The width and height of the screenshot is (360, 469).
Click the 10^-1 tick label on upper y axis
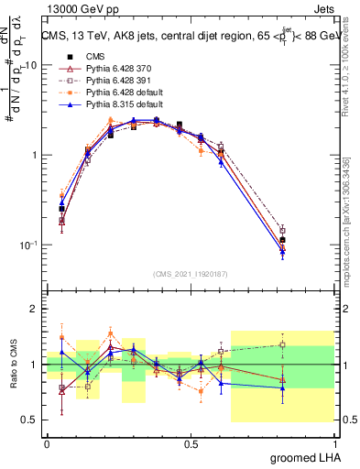point(28,245)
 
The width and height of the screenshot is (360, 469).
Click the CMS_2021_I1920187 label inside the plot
point(191,274)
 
